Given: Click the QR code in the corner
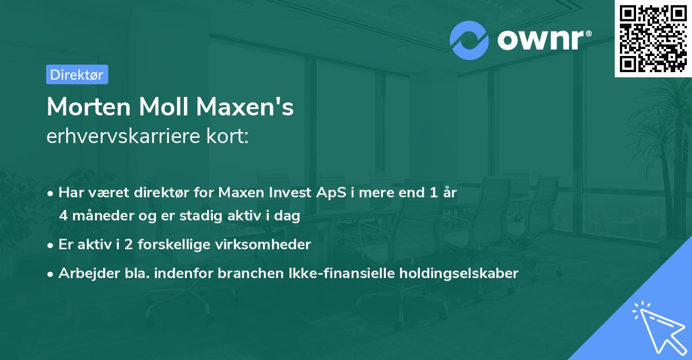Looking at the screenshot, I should click(x=653, y=39).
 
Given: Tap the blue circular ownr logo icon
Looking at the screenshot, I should click(x=469, y=40).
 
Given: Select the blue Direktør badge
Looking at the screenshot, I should click(x=77, y=74).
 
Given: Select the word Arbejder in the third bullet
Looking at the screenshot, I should click(x=84, y=273).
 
